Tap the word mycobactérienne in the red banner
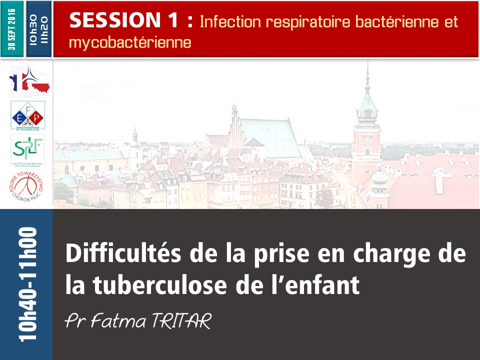coord(130,42)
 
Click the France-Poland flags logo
coord(28,80)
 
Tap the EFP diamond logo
coord(28,115)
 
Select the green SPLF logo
coord(28,148)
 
